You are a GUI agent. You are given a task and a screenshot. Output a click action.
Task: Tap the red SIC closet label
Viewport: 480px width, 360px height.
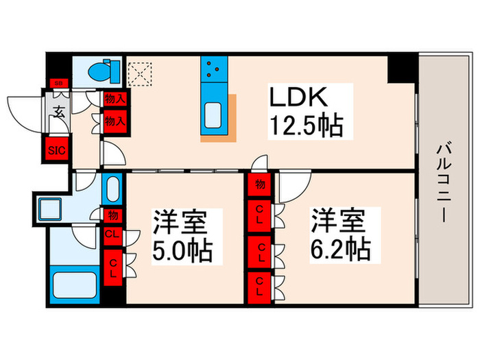[x=56, y=150]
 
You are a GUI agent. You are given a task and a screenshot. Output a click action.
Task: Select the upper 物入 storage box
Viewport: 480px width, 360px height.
[x=115, y=99]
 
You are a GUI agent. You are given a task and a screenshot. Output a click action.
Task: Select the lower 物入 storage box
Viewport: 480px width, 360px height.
[x=115, y=121]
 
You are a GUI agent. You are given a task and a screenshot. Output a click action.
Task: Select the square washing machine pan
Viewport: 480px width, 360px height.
[x=50, y=208]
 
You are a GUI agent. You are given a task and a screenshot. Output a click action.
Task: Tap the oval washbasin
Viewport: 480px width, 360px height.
[x=112, y=187]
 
